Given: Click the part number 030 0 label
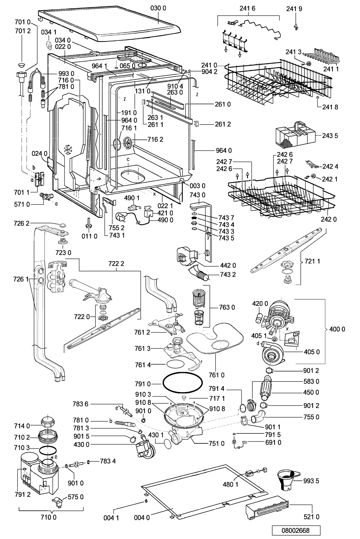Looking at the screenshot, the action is [x=158, y=8].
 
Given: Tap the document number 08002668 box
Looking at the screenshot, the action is [x=296, y=530].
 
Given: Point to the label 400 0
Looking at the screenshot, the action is [x=337, y=329].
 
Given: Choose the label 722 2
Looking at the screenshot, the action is [x=116, y=263].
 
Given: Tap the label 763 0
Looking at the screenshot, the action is [x=227, y=307].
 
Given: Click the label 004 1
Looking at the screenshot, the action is [x=111, y=517].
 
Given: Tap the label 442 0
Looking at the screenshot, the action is [x=228, y=265].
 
